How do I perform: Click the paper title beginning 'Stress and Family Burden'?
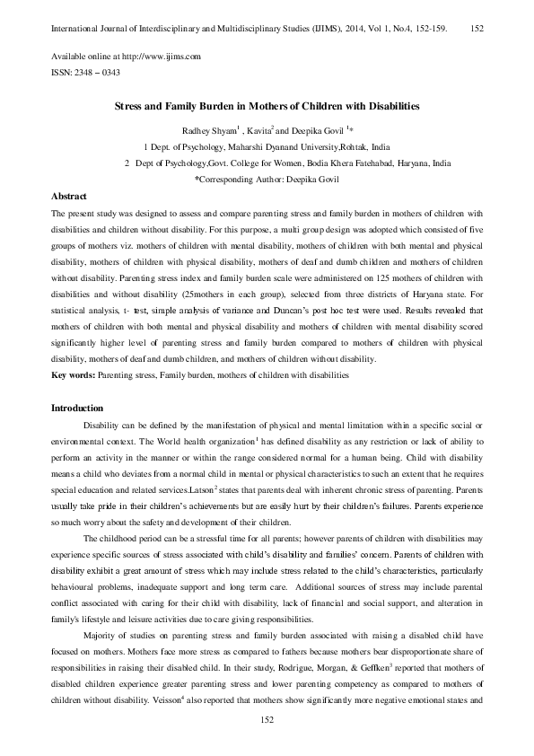[267, 106]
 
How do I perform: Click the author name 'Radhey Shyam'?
[207, 130]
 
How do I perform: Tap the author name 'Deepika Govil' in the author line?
[315, 130]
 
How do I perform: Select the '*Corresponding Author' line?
[267, 179]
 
